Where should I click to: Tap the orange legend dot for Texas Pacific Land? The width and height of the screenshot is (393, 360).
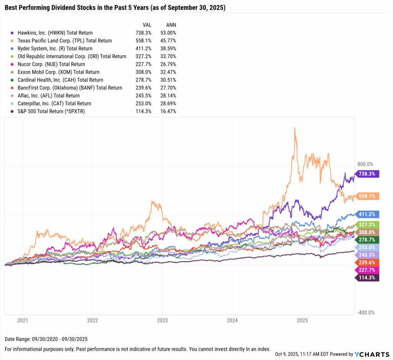(x=13, y=41)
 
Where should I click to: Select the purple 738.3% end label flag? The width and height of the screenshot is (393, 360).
(x=368, y=174)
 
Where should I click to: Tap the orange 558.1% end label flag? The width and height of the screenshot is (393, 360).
(x=368, y=196)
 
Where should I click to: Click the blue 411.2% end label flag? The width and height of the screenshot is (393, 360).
(x=368, y=214)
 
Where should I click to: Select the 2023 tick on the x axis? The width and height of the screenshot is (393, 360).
(x=162, y=320)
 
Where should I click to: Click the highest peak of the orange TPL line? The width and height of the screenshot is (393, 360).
(x=294, y=128)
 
